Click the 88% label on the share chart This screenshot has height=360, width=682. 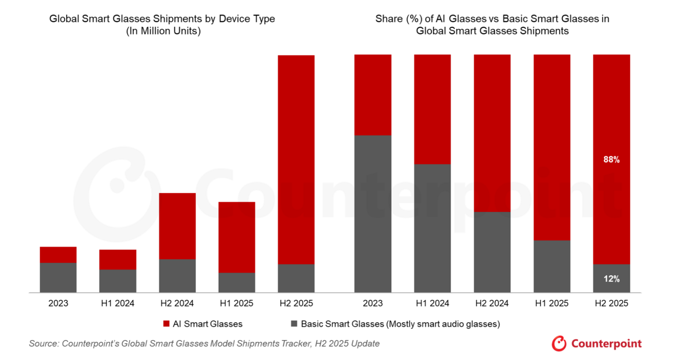611,160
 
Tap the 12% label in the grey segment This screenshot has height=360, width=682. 611,279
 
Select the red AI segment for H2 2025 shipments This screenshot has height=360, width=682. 296,159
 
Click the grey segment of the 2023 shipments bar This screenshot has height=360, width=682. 58,278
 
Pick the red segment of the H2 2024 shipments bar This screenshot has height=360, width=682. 177,226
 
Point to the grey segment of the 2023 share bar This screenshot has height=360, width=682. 373,214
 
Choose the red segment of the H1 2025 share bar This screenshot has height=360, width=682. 552,147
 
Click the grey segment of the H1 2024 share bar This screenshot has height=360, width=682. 432,228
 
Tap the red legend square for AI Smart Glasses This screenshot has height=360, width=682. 166,324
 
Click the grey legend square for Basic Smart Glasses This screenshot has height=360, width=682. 294,324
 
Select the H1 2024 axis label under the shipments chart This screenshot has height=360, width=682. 117,303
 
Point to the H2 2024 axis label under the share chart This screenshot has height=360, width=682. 492,303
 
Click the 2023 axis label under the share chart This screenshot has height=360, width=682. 373,303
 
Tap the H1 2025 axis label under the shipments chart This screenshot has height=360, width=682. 236,303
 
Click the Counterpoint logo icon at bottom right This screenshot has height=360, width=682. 559,343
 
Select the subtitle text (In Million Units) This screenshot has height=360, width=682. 162,32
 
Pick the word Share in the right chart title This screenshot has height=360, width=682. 388,19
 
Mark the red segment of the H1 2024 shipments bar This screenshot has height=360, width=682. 117,260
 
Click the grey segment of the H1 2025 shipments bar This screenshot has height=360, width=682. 236,282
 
